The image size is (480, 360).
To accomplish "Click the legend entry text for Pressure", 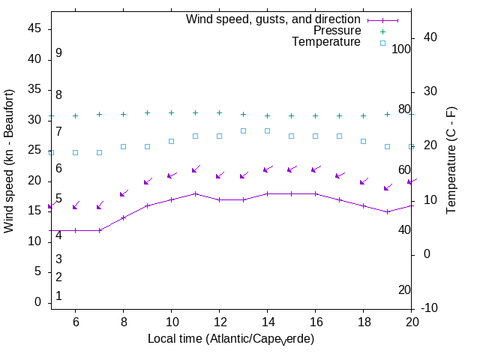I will (x=337, y=31).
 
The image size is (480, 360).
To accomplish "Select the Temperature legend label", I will (x=326, y=42).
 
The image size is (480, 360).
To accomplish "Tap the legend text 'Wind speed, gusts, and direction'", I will (x=274, y=19).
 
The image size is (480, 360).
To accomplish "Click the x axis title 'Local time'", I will (x=231, y=339).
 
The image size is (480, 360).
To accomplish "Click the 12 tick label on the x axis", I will (x=219, y=321).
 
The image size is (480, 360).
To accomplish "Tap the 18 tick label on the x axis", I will (x=363, y=321).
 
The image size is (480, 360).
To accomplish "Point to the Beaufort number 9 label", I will (x=58, y=53).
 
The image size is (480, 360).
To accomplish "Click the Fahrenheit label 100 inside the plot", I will (x=402, y=49).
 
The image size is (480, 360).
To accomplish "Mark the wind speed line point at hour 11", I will (x=195, y=193).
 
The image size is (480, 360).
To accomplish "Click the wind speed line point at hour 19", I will (x=387, y=211).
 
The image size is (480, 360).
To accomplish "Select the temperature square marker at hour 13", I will (x=243, y=130).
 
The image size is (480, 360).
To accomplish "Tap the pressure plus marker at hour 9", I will (x=147, y=113).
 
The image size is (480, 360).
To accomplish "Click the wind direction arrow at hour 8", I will (x=124, y=193).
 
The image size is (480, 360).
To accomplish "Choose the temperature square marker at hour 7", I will (x=99, y=152).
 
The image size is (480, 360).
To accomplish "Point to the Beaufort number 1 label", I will (x=58, y=296).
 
